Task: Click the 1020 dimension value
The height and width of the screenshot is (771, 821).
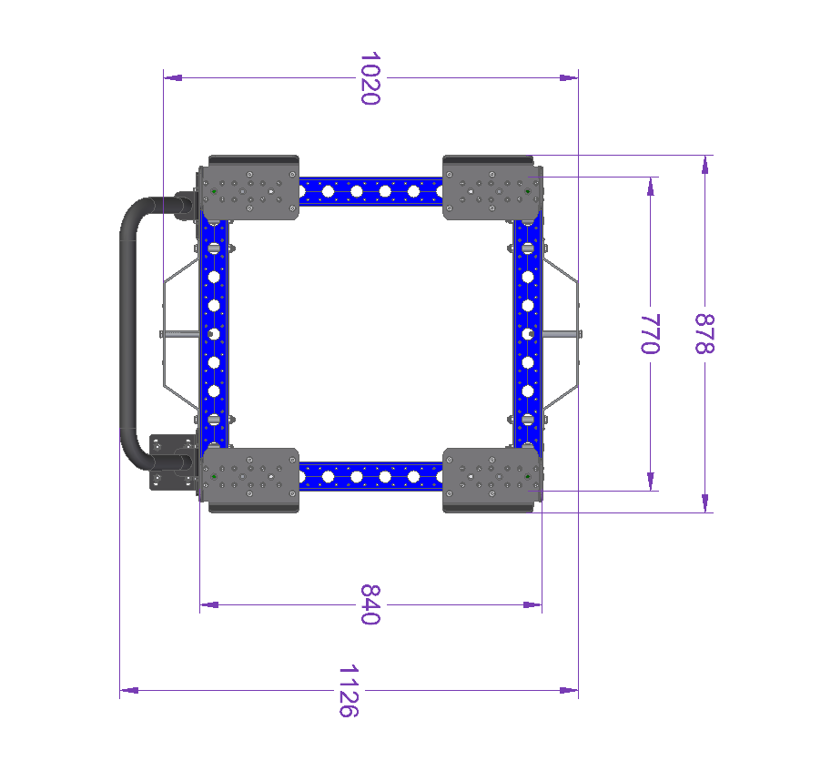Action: tap(370, 78)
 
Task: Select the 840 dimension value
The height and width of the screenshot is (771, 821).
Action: tap(370, 604)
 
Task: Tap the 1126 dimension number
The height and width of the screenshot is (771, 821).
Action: tap(349, 691)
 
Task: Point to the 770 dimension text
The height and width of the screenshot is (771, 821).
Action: tap(650, 334)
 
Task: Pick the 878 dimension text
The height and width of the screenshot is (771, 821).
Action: tap(704, 334)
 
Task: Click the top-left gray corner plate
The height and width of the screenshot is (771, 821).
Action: tap(248, 192)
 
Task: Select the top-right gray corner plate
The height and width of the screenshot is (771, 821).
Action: tap(492, 192)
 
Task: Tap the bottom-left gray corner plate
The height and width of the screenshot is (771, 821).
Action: tap(248, 475)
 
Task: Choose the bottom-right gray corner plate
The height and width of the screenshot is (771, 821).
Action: tap(492, 475)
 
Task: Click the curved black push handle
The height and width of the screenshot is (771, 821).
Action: tap(127, 333)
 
